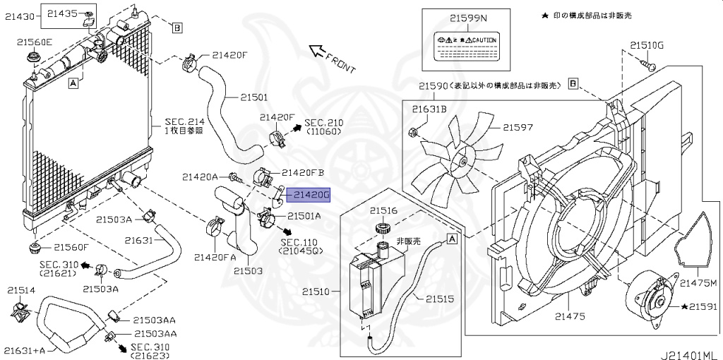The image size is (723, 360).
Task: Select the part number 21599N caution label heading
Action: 459,16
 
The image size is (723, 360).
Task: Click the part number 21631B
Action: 430,109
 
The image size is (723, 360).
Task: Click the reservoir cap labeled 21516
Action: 383,228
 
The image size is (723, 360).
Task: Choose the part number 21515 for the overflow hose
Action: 439,299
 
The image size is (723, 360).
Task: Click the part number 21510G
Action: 647,46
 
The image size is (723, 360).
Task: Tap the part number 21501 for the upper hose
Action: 254,97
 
